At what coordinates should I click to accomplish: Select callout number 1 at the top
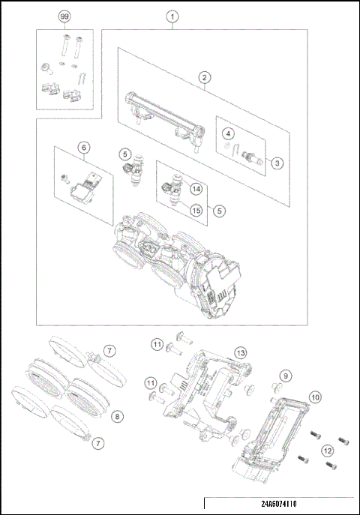(173, 16)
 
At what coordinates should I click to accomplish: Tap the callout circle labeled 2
(203, 76)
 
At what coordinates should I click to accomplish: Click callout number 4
(226, 133)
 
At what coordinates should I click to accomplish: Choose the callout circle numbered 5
(219, 211)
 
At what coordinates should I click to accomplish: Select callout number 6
(84, 148)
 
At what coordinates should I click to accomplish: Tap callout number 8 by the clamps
(118, 416)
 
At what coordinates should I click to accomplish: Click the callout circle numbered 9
(285, 374)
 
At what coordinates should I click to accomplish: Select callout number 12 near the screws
(327, 451)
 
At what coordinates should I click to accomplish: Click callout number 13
(240, 352)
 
